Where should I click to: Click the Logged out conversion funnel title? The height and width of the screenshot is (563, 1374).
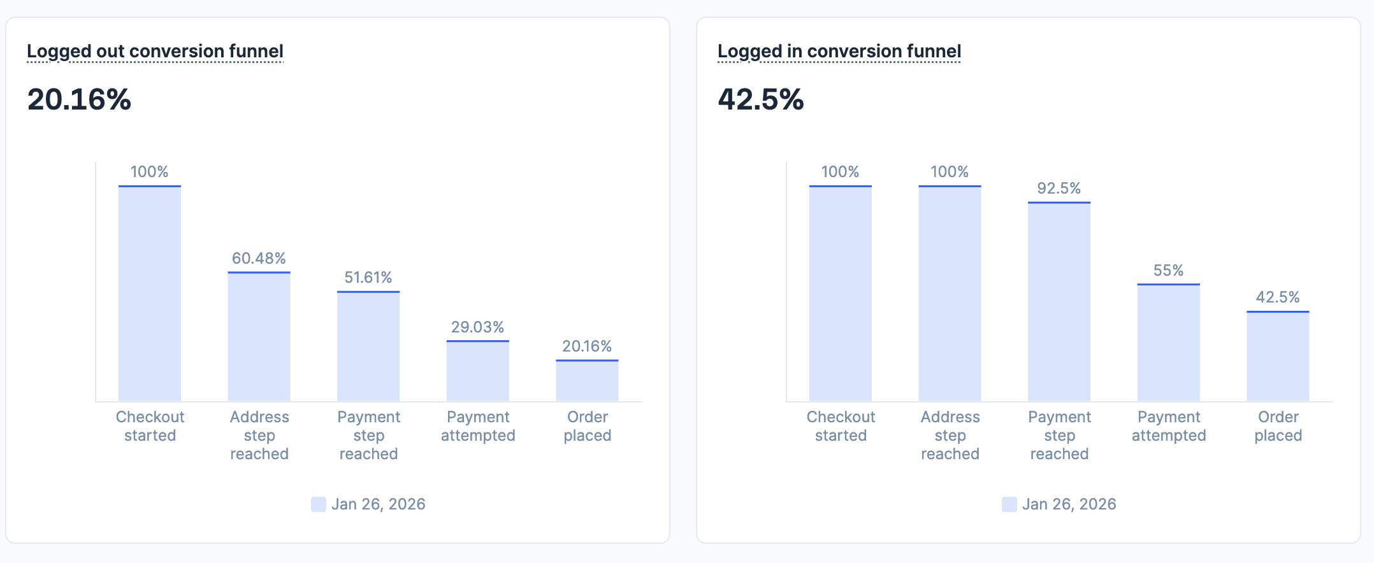(155, 51)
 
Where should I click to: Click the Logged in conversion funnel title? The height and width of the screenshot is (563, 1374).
(839, 51)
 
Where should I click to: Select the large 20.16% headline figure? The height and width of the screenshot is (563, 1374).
(79, 99)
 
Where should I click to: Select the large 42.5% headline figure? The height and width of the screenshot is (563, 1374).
(761, 99)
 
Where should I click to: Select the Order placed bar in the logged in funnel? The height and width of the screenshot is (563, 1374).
(1278, 356)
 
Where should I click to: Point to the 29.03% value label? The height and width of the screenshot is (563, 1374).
(477, 327)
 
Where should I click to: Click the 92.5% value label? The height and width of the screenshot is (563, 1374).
(1059, 188)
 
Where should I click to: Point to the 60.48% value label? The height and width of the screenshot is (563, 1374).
(259, 258)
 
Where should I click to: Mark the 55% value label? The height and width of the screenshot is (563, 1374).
(1168, 270)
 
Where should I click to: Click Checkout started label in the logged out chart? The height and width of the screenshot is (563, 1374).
(150, 426)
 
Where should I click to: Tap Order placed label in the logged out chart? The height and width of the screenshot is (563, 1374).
(587, 426)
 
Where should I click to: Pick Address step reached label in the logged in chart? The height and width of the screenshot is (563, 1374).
(950, 435)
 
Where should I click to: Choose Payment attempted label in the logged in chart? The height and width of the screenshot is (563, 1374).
(1168, 426)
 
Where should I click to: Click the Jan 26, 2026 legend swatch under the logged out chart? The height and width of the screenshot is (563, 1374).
(319, 504)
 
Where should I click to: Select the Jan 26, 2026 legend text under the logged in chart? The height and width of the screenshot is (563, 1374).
(1069, 504)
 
